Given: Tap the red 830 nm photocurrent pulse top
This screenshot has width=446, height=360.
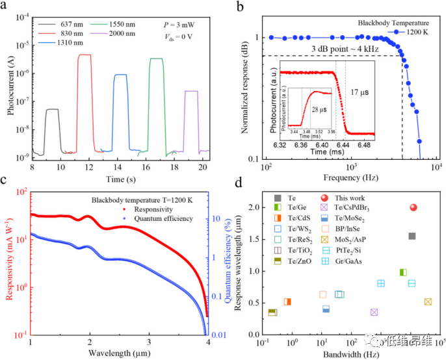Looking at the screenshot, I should click(84, 55).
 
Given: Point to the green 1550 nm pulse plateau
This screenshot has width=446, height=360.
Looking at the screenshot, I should click(156, 59).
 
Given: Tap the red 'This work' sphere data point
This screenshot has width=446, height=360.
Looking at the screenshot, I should click(412, 207).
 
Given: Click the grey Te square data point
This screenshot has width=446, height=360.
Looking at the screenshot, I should click(412, 236).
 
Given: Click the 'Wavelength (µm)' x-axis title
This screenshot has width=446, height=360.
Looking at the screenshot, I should click(120, 352).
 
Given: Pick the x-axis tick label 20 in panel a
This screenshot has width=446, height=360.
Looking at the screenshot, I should click(202, 166).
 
